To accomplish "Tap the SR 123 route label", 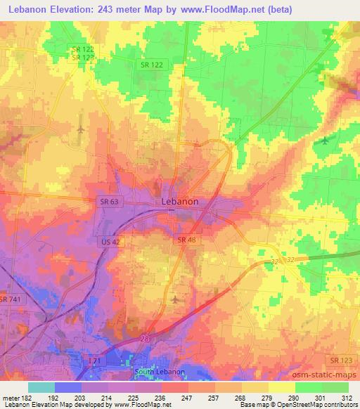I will coord(345,361).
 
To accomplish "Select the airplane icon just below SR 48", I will coord(174,300).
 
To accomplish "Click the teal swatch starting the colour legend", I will coord(41,387).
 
